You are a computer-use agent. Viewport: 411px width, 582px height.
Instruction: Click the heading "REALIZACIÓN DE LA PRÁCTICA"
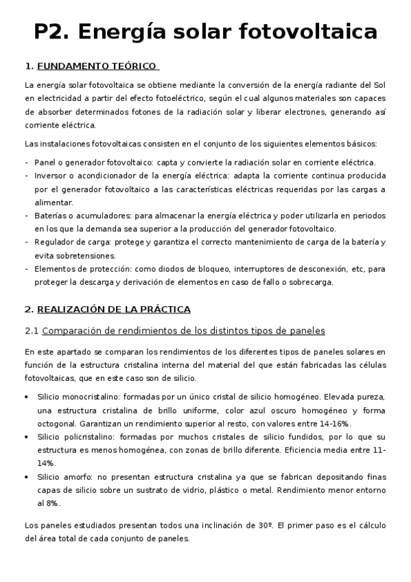tap(113, 310)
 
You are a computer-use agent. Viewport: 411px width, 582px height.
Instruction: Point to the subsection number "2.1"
tap(32, 331)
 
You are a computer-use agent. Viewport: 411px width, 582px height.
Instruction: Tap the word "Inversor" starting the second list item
tap(49, 176)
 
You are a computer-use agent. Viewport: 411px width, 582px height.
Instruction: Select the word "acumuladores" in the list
tap(93, 216)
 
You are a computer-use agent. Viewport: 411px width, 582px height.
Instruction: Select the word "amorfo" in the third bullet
tap(73, 477)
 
